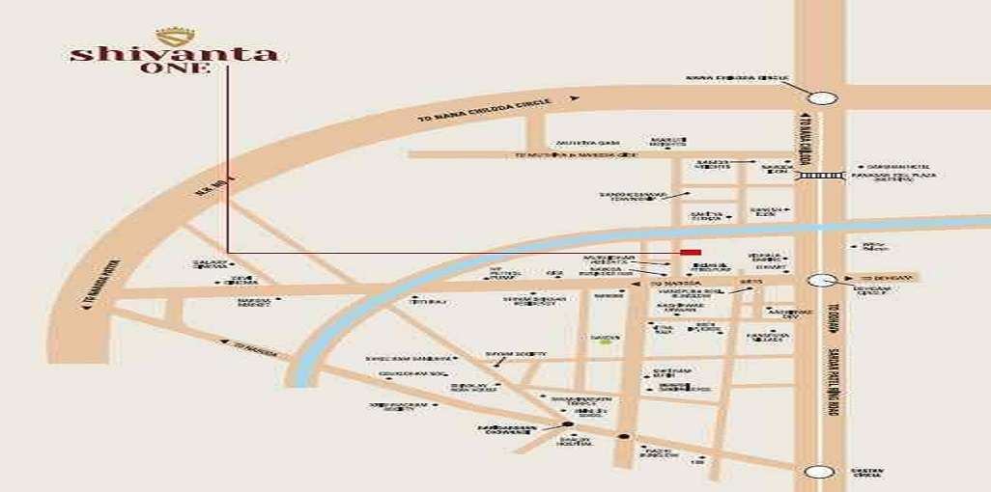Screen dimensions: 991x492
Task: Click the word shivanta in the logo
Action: [x=174, y=54]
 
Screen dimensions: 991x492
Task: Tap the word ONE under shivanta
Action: [x=174, y=68]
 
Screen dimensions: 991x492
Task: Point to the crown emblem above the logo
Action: [x=174, y=37]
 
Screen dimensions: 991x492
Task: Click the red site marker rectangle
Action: [x=690, y=252]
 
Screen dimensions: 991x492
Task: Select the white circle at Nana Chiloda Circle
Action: [x=822, y=96]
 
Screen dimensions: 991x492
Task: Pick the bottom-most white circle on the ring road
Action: [x=820, y=472]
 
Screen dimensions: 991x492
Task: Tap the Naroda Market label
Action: [x=253, y=302]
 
